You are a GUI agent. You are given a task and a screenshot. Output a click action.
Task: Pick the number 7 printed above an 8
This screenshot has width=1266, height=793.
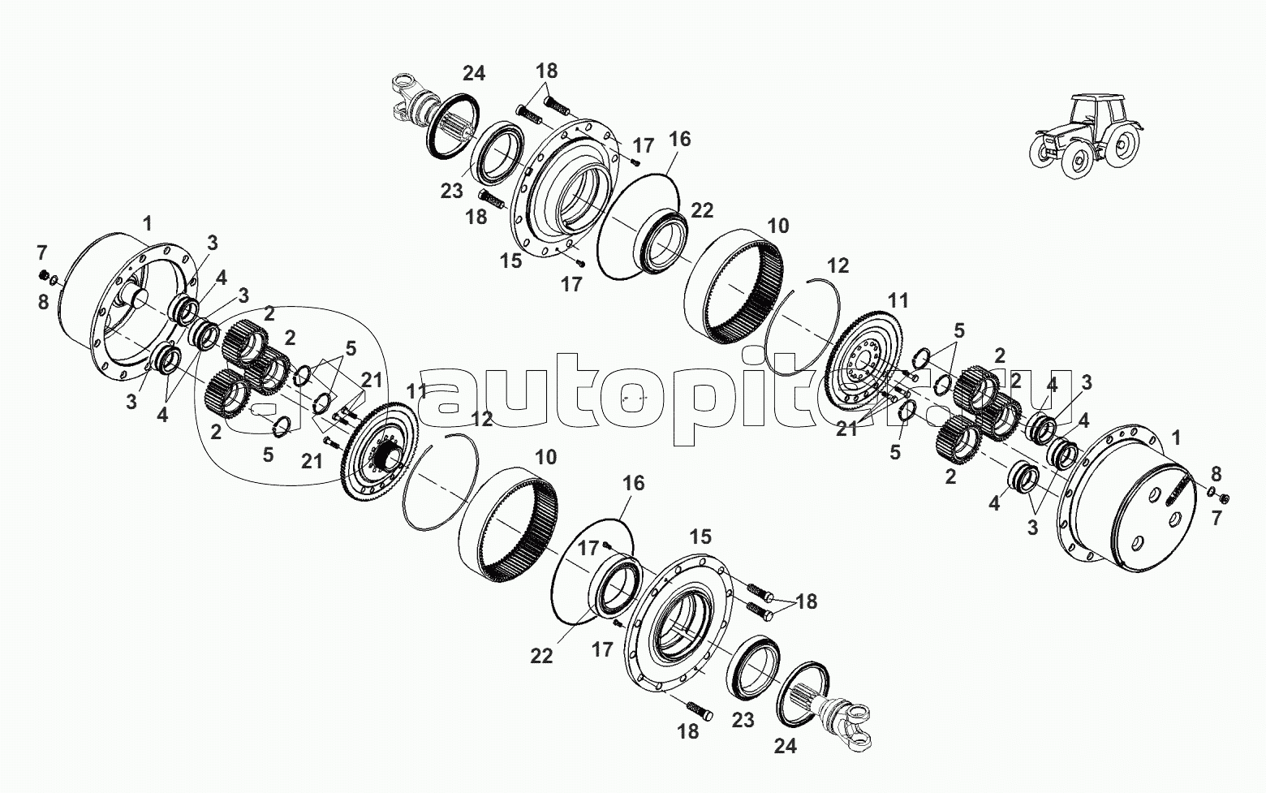(x=42, y=252)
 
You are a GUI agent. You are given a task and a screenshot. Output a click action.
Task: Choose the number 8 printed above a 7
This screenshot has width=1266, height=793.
(x=1216, y=474)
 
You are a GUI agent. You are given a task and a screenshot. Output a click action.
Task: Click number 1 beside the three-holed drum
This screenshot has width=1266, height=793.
(x=1176, y=437)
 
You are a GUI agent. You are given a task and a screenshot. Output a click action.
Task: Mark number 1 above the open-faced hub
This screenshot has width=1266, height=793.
(x=148, y=224)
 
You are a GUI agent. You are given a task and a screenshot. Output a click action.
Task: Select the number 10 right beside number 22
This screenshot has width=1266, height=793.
(x=777, y=226)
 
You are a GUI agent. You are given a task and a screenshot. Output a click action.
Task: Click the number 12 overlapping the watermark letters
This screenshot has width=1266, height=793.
(x=481, y=419)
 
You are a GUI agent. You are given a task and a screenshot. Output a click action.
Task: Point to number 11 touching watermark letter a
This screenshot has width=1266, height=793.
(x=418, y=391)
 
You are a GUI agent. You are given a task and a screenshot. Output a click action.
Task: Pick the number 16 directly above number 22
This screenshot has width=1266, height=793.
(x=679, y=139)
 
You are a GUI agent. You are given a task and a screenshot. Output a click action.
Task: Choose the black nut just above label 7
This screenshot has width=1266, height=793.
(x=1222, y=498)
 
